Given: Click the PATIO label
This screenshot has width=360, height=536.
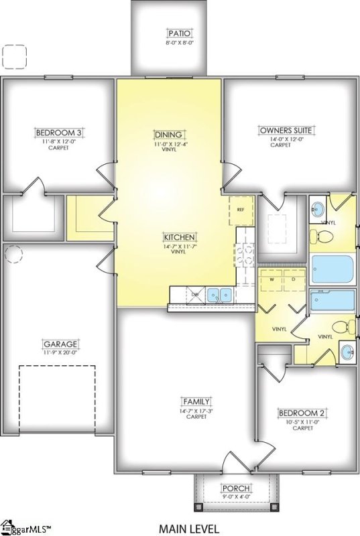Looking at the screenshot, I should pyautogui.click(x=179, y=33).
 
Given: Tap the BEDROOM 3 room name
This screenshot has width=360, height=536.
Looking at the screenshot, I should pyautogui.click(x=57, y=133).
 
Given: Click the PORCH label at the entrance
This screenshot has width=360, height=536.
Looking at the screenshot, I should pyautogui.click(x=236, y=488).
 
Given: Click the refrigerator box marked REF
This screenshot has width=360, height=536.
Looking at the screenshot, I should pyautogui.click(x=241, y=210).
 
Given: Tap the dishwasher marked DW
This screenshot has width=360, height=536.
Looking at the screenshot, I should pyautogui.click(x=195, y=294).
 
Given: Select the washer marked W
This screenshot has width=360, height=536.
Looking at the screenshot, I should pyautogui.click(x=272, y=279).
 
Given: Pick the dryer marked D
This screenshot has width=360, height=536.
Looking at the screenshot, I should pyautogui.click(x=293, y=279).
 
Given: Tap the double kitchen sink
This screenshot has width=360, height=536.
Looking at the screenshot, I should pyautogui.click(x=219, y=294).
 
